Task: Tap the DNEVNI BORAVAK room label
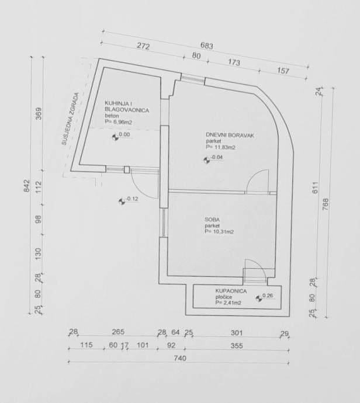pos(230,136)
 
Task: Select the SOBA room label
pos(212,219)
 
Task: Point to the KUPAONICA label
pos(229,290)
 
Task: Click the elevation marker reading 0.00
pos(124,135)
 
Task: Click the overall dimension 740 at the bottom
pos(180,359)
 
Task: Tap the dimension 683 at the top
pos(206,46)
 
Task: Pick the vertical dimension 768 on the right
pos(326,204)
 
